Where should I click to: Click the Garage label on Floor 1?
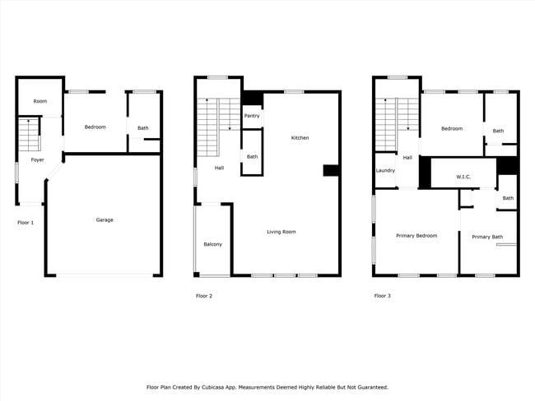coord(105,219)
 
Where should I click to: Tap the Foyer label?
coord(37,159)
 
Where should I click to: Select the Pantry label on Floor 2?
coord(252,116)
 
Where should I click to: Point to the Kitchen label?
coord(300,138)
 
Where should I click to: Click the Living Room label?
coord(281,232)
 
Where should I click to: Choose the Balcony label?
coord(212,244)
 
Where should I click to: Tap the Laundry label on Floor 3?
coord(385,170)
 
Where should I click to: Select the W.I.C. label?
coord(463,177)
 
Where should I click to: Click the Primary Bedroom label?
coord(416,236)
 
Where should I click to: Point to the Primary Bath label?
coord(487,237)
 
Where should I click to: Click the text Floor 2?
coord(204,296)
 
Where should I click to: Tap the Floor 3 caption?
coord(382,296)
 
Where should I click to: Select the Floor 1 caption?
coord(26,223)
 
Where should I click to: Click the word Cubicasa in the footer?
coord(213,387)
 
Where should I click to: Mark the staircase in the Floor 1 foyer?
coord(30,134)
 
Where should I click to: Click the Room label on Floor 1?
coord(40,101)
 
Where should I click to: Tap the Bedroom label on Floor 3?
coord(452,129)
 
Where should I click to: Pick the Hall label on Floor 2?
coord(219,168)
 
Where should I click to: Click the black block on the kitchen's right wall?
coord(331,170)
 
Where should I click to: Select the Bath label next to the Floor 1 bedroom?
coord(143,128)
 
